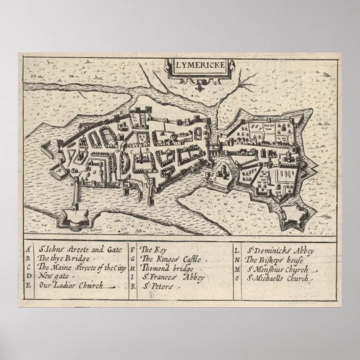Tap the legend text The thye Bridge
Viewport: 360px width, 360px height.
click(x=64, y=259)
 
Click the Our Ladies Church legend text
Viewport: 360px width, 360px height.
click(x=71, y=286)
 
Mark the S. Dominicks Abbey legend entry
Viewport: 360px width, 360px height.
click(x=281, y=250)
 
